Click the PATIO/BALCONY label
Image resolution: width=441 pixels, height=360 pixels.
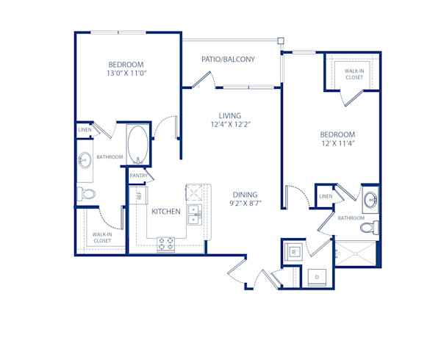[x=228, y=59]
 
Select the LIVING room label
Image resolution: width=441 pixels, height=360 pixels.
[x=231, y=115]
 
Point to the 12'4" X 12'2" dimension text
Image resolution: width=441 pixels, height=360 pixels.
[x=231, y=124]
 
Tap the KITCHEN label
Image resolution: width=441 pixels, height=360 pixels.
[x=166, y=212]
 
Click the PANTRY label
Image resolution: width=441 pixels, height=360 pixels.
[x=139, y=176]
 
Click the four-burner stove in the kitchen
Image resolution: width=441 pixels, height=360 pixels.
[x=166, y=242]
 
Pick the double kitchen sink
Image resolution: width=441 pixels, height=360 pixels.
[x=194, y=215]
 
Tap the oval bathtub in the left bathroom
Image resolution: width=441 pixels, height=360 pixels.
[x=137, y=145]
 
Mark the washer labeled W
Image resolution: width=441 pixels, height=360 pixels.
[x=294, y=252]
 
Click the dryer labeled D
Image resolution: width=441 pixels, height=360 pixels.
[x=317, y=276]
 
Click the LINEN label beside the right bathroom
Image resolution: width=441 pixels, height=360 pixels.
[x=326, y=196]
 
